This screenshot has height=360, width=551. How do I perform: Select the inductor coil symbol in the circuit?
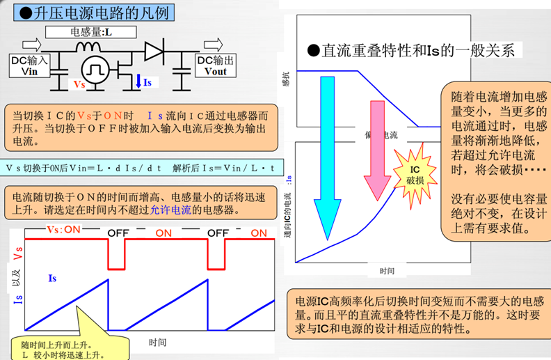pyautogui.click(x=88, y=47)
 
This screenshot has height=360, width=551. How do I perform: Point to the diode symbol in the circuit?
pyautogui.click(x=154, y=50)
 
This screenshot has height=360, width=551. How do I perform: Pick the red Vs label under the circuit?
pyautogui.click(x=80, y=84)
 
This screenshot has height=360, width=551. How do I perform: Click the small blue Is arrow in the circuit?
pyautogui.click(x=140, y=81)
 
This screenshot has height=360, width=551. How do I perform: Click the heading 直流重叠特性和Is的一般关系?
pyautogui.click(x=415, y=51)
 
